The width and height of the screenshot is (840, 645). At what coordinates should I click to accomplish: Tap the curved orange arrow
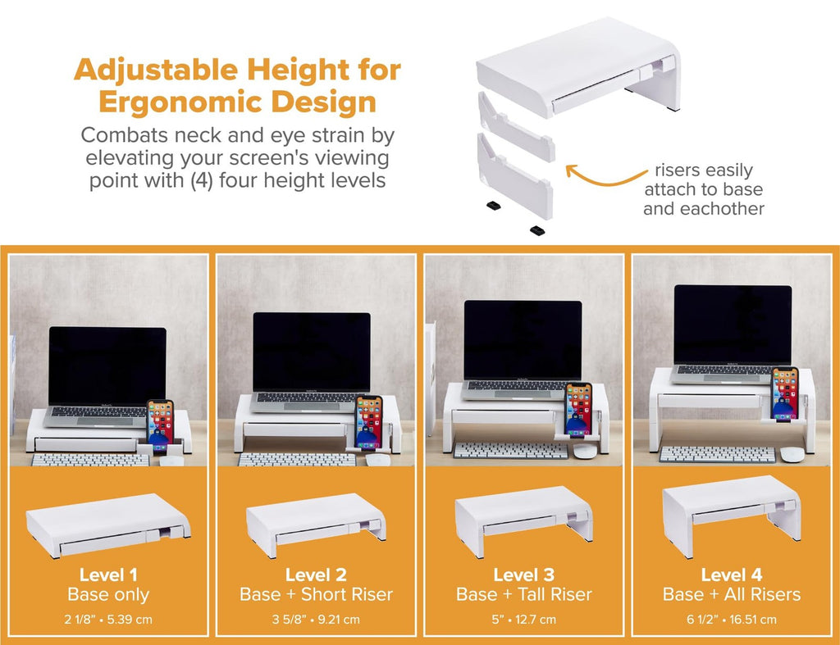coord(604,175)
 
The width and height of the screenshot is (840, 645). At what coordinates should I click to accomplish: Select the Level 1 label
coord(108,575)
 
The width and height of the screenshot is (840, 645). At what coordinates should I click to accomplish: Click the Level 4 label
coord(731,575)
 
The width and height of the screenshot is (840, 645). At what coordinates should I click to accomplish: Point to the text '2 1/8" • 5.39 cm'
coord(108,619)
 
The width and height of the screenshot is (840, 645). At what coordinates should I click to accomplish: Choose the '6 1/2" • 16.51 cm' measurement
coord(731,619)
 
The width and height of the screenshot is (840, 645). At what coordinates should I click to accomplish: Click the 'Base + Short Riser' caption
coord(316,595)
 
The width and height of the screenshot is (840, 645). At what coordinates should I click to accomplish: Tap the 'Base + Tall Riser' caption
coord(523,595)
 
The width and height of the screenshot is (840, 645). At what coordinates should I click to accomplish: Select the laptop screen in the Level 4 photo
coord(733,325)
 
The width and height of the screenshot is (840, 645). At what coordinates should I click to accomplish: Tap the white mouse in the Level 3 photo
coord(584,450)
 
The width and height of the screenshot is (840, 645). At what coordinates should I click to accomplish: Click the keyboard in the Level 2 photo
coord(297,459)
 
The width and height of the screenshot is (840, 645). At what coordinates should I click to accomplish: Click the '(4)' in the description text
coord(203,180)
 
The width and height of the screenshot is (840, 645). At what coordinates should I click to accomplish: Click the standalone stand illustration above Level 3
coord(523,516)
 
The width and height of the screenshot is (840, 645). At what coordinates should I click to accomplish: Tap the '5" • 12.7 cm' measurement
coord(523,619)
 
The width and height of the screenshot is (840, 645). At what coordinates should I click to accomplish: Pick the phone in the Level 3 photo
coord(578,408)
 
